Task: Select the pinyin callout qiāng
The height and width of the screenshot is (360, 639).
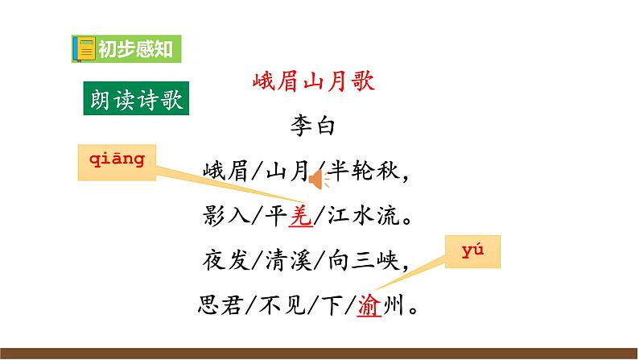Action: (x=116, y=159)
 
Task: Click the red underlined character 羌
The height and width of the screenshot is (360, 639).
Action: (x=299, y=217)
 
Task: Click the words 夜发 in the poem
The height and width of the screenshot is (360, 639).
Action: (x=219, y=261)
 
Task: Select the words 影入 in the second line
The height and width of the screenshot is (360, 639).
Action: (x=219, y=217)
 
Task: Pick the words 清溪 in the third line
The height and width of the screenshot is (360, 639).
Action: (x=287, y=261)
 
